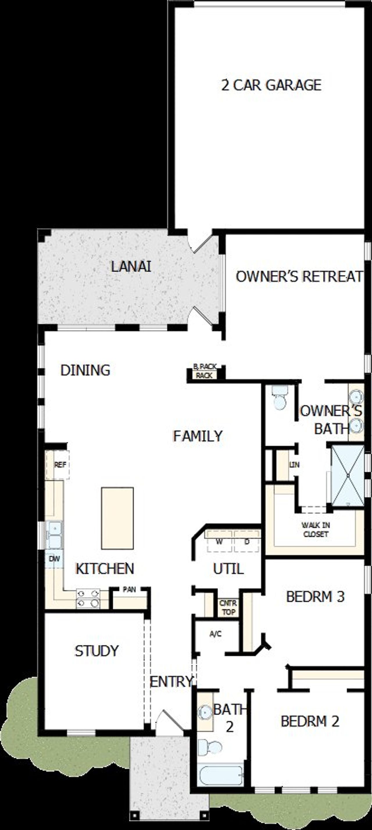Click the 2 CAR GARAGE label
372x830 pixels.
[x=271, y=85]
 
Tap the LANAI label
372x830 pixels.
[x=131, y=267]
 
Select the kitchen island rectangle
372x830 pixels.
[x=117, y=518]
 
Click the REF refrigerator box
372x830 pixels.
[x=59, y=465]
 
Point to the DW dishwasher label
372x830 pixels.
[x=54, y=558]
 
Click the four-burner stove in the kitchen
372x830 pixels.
[x=88, y=598]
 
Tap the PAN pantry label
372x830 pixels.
[x=129, y=590]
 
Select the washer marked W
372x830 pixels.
[x=219, y=542]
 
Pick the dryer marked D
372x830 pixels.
[x=247, y=542]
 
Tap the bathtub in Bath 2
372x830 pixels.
[x=221, y=776]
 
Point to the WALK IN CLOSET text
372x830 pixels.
[x=315, y=530]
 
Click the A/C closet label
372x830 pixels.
[x=215, y=634]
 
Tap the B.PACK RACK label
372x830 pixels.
[x=205, y=371]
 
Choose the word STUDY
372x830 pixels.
[x=97, y=651]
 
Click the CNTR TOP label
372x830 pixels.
[x=228, y=607]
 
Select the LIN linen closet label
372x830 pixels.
[x=294, y=465]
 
